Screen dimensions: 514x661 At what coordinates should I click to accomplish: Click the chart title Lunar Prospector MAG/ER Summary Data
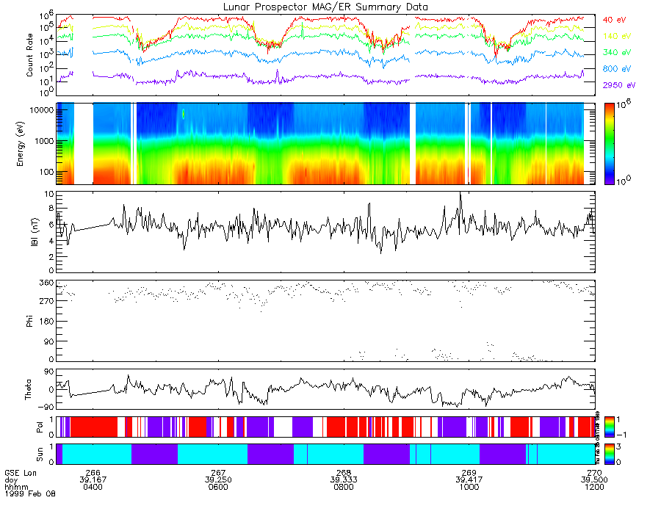325,7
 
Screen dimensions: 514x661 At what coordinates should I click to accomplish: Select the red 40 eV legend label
614,19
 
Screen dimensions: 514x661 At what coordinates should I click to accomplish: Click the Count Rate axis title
30,55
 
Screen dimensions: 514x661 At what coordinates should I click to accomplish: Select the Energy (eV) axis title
30,143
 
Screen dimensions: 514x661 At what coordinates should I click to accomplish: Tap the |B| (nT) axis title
30,233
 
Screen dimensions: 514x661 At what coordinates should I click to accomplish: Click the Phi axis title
30,321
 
